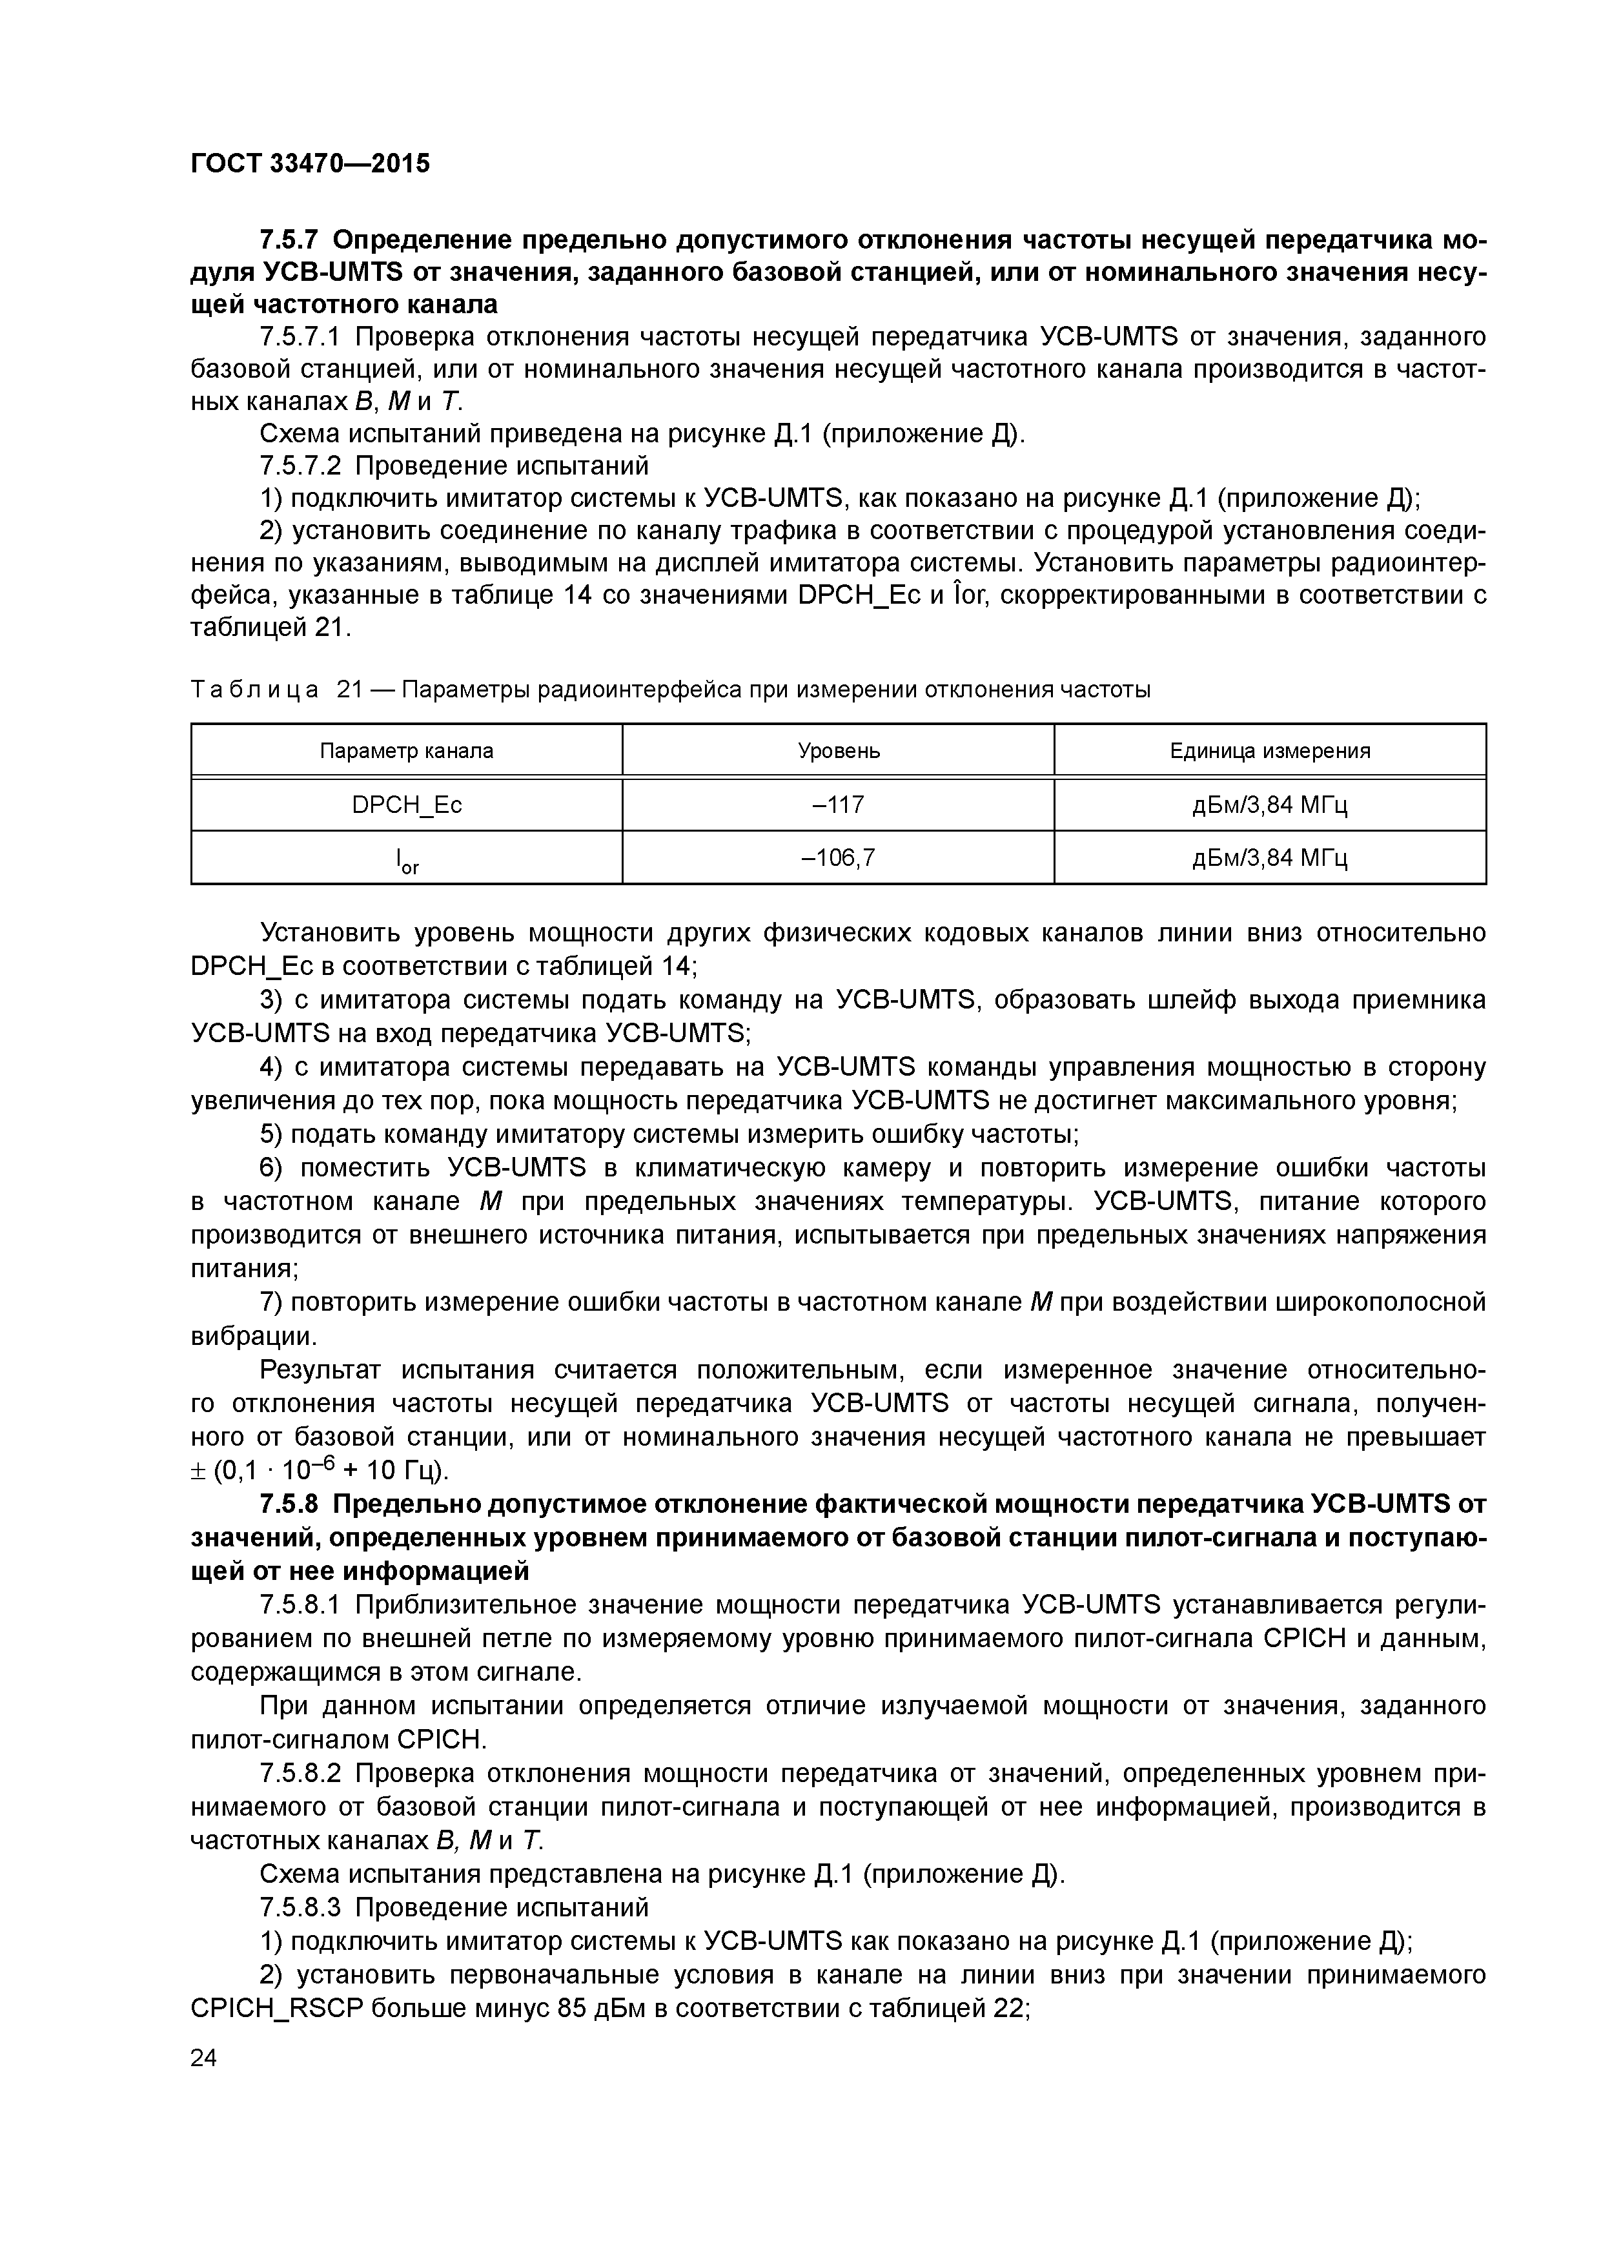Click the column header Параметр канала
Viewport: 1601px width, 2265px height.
407,751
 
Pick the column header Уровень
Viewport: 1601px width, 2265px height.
839,751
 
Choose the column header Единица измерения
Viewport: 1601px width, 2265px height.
1270,751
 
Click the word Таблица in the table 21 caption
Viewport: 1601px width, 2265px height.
254,691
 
